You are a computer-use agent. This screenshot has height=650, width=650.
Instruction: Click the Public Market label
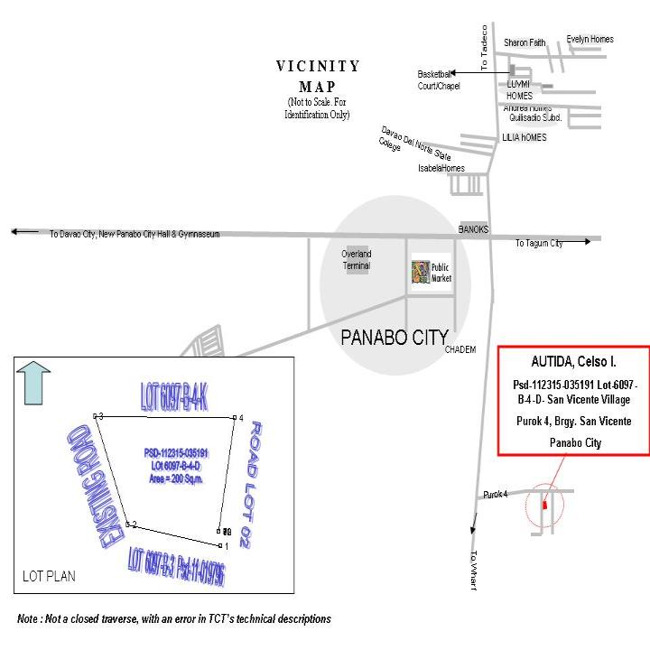(441, 273)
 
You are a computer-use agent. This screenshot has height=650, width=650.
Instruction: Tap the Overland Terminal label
(357, 260)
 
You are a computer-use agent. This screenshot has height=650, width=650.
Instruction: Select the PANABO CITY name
(395, 339)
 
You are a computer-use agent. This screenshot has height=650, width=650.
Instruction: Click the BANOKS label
(473, 229)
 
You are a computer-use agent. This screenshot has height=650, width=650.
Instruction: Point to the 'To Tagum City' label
(539, 243)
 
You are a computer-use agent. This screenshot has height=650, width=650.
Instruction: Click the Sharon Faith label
(525, 42)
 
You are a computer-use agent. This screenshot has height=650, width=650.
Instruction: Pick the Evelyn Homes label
(590, 39)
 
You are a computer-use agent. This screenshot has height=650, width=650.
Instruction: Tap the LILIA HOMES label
(525, 137)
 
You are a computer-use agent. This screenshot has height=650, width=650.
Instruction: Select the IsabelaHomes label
(441, 168)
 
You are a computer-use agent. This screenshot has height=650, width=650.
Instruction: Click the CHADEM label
(460, 350)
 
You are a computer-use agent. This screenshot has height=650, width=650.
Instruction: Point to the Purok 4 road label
(496, 494)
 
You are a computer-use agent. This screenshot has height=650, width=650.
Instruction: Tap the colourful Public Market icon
(420, 272)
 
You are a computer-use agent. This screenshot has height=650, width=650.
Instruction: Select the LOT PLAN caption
(49, 576)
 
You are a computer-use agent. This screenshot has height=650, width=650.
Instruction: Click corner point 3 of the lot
(96, 416)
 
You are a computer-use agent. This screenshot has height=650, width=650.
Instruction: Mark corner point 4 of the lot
(235, 417)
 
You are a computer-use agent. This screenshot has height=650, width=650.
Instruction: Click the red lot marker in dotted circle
(544, 506)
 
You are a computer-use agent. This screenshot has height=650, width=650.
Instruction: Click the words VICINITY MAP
(318, 76)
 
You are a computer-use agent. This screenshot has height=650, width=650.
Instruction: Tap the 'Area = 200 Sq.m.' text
(176, 479)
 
